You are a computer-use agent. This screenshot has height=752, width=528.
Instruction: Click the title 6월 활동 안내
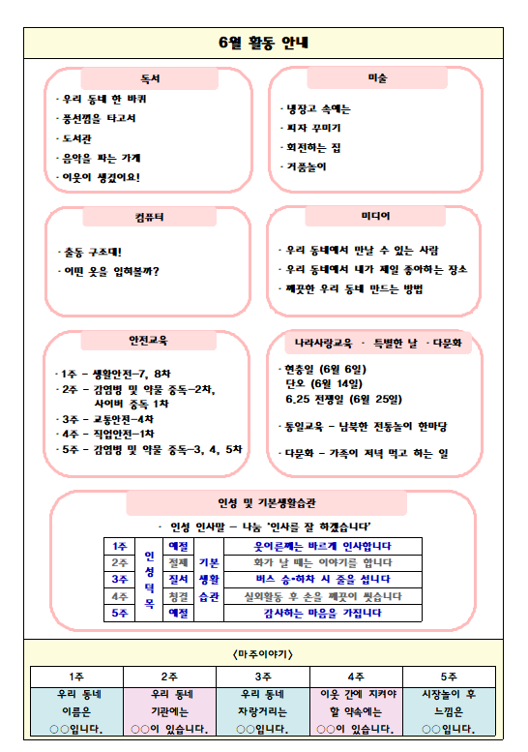pos(263,43)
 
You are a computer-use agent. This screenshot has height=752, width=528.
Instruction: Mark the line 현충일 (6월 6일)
pos(326,369)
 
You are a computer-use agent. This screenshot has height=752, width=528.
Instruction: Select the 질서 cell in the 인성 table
pos(179,579)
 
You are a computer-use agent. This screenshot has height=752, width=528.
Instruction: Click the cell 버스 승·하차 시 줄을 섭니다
pos(322,579)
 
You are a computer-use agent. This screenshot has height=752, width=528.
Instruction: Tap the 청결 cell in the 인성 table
pos(179,595)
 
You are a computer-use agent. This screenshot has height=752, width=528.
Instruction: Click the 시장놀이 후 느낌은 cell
pos(449,710)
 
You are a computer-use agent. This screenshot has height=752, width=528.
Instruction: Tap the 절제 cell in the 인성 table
pos(179,562)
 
